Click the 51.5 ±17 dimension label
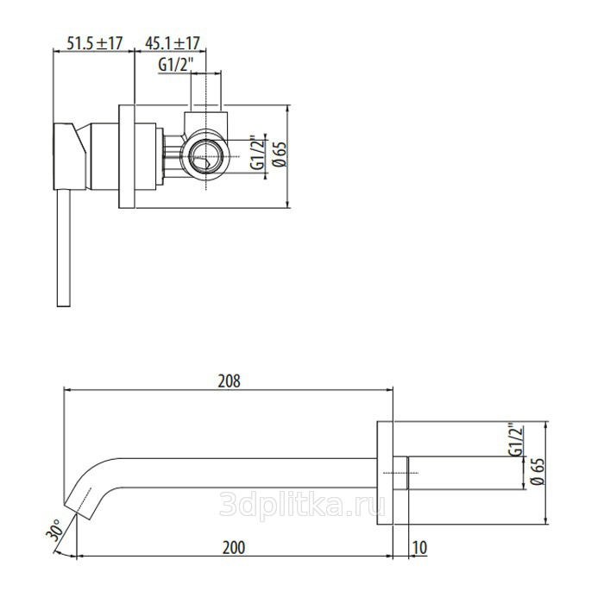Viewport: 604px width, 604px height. click(x=95, y=43)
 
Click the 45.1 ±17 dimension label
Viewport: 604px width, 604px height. click(x=173, y=43)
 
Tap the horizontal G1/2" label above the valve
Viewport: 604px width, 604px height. click(x=175, y=65)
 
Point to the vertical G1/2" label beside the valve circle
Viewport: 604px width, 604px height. click(x=258, y=152)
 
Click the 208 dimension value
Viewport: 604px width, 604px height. click(x=230, y=381)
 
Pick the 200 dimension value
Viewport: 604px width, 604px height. click(x=234, y=547)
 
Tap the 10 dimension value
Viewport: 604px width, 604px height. click(x=420, y=547)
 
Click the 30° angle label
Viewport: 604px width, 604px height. click(x=54, y=531)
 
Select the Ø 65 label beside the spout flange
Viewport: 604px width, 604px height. click(x=538, y=471)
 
